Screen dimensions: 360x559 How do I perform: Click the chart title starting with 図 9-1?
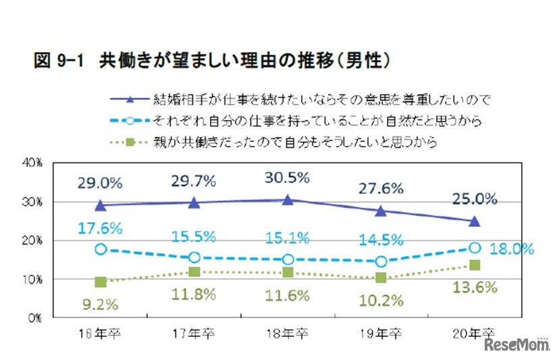(x=212, y=61)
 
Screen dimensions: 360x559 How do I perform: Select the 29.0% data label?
(x=100, y=183)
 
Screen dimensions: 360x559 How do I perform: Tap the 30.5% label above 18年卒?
(x=287, y=178)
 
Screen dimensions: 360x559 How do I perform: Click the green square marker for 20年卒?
(x=475, y=265)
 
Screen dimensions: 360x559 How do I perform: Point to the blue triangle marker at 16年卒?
(x=101, y=205)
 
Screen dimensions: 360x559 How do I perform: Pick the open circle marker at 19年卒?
(x=381, y=261)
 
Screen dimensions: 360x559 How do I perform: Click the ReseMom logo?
(x=516, y=344)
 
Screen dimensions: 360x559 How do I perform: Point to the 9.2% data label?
(x=101, y=303)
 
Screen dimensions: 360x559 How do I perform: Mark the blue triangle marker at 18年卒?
(x=288, y=200)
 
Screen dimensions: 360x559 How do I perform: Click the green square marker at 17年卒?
(x=194, y=272)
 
